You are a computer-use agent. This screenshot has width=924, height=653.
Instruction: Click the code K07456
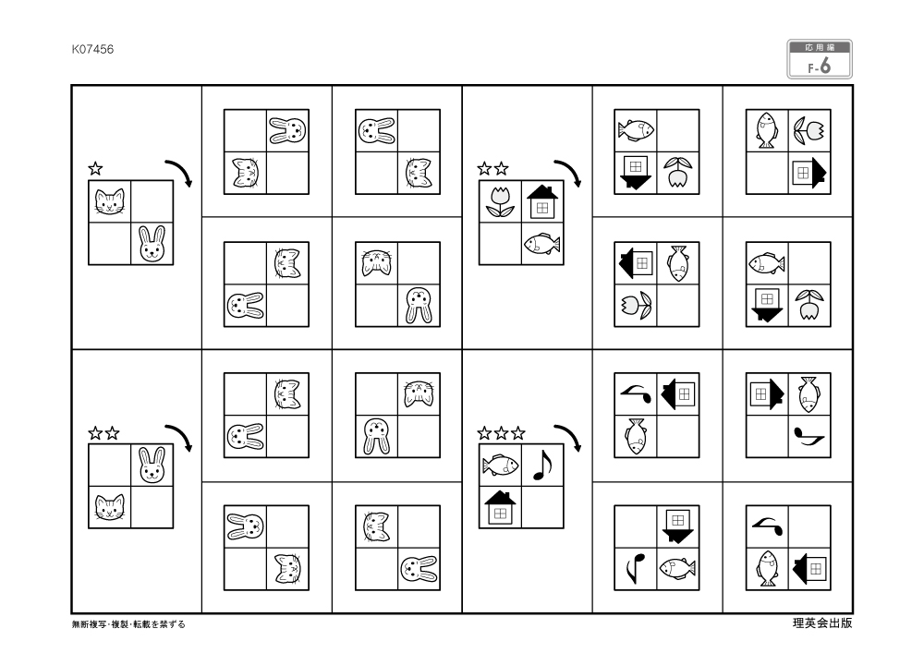[x=92, y=49]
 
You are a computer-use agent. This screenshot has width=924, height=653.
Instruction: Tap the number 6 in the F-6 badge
[x=824, y=66]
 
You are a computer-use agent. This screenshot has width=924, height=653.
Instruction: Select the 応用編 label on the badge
[x=820, y=47]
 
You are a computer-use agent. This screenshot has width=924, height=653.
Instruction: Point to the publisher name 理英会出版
[x=822, y=623]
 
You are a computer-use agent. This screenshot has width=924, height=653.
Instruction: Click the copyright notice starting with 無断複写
[x=128, y=624]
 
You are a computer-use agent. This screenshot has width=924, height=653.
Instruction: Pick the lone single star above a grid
[x=95, y=169]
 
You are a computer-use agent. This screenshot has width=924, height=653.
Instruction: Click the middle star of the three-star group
[x=503, y=432]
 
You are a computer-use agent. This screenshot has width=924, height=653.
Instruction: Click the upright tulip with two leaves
[x=500, y=203]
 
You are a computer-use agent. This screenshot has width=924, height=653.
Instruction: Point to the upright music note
[x=541, y=465]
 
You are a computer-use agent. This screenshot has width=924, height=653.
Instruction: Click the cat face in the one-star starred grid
[x=109, y=202]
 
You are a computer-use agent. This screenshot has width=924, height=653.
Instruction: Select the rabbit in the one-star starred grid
[x=151, y=244]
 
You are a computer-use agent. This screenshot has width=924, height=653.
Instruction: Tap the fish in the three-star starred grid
[x=500, y=465]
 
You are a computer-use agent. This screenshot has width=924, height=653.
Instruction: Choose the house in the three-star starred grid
[x=500, y=506]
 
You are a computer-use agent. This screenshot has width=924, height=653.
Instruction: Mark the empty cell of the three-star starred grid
[x=541, y=506]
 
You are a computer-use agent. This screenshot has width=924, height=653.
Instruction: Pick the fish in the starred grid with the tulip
[x=541, y=244]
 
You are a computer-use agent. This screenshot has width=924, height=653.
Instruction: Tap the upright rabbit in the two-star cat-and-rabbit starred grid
[x=151, y=466]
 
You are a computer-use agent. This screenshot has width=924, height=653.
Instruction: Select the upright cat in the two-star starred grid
[x=109, y=506]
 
